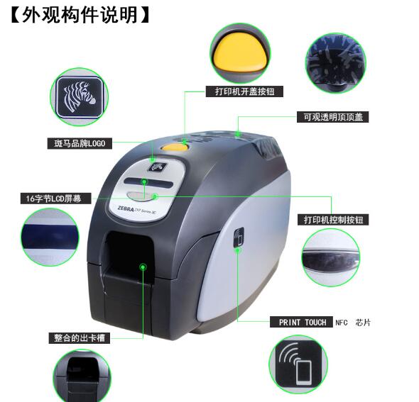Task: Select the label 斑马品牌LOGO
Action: [x=80, y=144]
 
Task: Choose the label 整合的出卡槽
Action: [x=80, y=338]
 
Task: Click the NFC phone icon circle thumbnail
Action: [x=298, y=366]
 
